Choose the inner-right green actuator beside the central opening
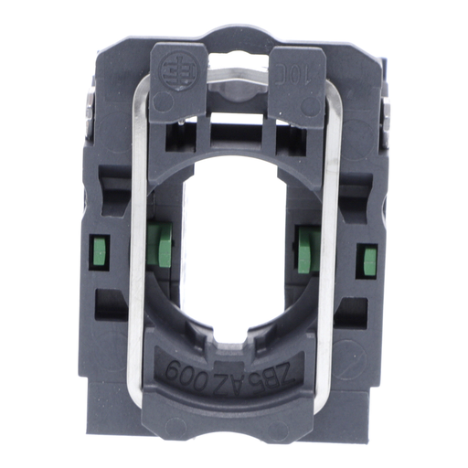[x=307, y=247]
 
